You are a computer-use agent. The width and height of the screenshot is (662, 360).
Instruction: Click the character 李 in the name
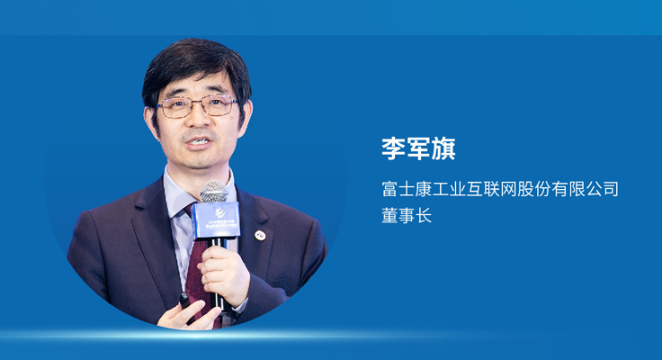[394, 148]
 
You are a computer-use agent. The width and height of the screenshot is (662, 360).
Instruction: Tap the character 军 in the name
[419, 148]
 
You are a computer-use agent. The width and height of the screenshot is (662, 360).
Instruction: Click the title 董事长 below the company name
[407, 217]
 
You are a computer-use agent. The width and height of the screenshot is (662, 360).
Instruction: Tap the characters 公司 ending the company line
[603, 190]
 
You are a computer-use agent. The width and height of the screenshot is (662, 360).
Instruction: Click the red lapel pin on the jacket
[259, 236]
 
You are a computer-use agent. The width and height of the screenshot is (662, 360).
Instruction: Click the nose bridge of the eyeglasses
[197, 105]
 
